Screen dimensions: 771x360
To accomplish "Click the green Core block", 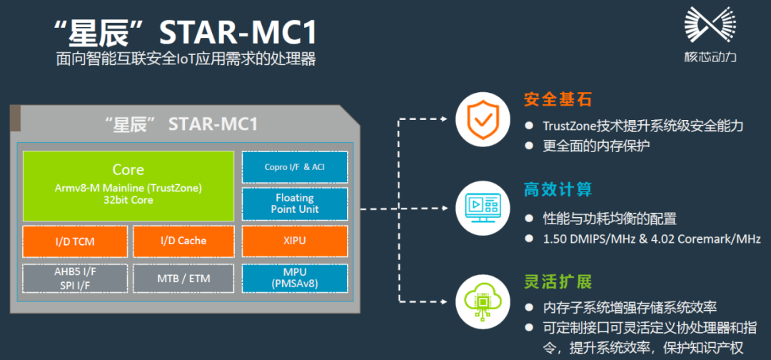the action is click(x=128, y=186).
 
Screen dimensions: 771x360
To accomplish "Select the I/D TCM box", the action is click(x=75, y=241).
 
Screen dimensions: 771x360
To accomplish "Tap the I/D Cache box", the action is click(x=183, y=241).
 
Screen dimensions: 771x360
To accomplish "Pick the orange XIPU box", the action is click(x=295, y=241).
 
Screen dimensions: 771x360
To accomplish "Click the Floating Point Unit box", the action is click(x=295, y=203).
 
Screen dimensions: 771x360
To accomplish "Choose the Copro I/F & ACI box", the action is click(x=295, y=167).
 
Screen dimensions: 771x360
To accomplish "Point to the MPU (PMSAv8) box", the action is click(x=295, y=278).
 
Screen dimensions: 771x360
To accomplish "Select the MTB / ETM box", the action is click(x=183, y=279).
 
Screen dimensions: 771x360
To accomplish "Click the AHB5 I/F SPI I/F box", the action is click(x=75, y=279).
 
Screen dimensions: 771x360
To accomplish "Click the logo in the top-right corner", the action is click(x=710, y=34).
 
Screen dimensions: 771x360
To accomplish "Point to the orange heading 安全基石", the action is click(x=558, y=100).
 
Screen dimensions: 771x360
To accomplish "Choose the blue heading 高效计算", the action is click(x=558, y=189).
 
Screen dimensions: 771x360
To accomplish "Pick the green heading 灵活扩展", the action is click(x=558, y=282).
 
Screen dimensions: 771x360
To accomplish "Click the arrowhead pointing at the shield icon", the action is click(x=444, y=119).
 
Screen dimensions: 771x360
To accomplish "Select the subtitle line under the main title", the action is click(x=186, y=59).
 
